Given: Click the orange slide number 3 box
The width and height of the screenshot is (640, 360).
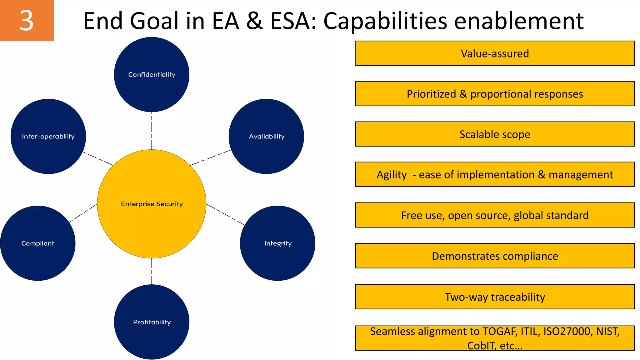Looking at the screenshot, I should [x=27, y=20].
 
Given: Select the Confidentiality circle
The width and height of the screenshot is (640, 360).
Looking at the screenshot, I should [x=152, y=74].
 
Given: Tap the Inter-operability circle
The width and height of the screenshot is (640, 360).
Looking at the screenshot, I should [x=48, y=136].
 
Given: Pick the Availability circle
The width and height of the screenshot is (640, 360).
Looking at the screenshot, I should [x=266, y=136].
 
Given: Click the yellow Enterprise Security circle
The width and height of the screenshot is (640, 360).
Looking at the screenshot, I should [x=152, y=204].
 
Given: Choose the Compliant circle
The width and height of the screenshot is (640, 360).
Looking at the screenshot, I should [x=37, y=243].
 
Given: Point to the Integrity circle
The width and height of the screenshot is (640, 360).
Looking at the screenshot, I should [x=277, y=243].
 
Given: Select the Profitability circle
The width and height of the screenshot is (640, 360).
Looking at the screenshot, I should [x=152, y=322].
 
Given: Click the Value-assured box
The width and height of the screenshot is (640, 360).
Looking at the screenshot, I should [x=495, y=53].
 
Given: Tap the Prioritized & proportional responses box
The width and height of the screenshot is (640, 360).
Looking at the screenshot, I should [x=495, y=94].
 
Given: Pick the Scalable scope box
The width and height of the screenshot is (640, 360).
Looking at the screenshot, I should [x=495, y=134].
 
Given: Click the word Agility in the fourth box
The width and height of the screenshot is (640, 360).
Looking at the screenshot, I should [x=392, y=175].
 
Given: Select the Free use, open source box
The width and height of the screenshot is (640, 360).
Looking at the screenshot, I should [x=495, y=215].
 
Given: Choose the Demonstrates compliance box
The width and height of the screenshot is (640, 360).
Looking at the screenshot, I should [x=495, y=256].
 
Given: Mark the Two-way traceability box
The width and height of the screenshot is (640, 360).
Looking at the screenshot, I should [x=495, y=297].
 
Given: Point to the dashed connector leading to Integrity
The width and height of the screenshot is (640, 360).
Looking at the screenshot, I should [x=226, y=214].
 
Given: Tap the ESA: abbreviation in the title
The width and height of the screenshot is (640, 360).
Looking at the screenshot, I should [x=293, y=21].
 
